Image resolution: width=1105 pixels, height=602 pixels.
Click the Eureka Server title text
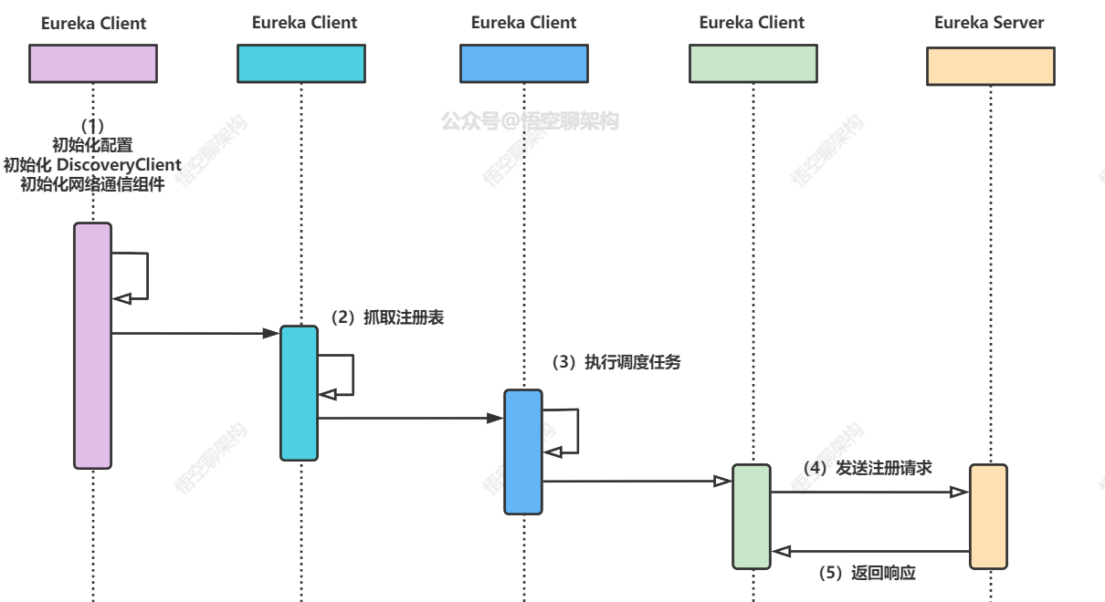point(989,23)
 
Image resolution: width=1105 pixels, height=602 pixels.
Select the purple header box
point(93,65)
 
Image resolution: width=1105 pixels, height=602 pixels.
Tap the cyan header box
point(301,65)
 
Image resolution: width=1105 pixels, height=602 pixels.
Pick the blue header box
point(523,65)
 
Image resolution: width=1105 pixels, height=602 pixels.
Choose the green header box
point(753,65)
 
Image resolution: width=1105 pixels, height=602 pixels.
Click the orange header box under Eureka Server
point(991,66)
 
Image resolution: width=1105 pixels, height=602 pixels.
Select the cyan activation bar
point(299,392)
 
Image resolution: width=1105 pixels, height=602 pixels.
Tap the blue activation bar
point(523,451)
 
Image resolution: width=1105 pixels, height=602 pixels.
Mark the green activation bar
point(752,516)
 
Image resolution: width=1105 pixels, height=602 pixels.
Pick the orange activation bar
point(988,516)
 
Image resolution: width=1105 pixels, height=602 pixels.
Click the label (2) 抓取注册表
point(387,318)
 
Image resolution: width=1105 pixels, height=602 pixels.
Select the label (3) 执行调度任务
point(616,362)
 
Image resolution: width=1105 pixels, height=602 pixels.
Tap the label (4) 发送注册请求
point(868,468)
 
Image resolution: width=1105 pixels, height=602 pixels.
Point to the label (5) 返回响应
point(867,574)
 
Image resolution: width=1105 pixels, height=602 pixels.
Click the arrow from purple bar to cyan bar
point(195,334)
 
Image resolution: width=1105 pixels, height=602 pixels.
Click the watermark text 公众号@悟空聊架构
point(530,120)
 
